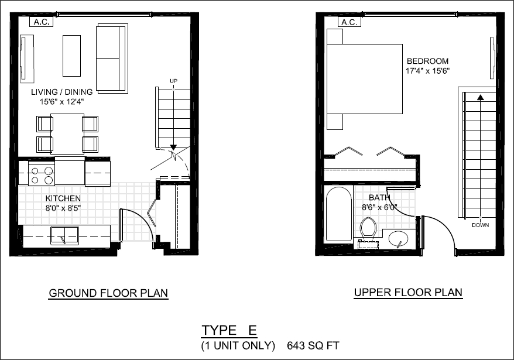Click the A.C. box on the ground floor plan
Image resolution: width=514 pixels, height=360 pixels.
click(42, 22)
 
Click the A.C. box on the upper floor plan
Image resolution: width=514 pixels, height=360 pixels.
click(349, 22)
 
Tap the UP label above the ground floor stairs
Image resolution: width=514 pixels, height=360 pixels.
click(173, 81)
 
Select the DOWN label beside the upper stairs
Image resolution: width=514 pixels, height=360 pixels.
click(480, 225)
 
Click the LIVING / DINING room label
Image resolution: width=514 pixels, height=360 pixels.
click(62, 92)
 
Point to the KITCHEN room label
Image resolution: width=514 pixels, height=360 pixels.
click(63, 198)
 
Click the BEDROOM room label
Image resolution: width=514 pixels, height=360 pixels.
click(427, 61)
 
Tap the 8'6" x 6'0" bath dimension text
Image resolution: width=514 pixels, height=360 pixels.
click(379, 208)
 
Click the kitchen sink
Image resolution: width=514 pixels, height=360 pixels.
click(64, 235)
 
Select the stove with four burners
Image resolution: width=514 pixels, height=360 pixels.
click(42, 173)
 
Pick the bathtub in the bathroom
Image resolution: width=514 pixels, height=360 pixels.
click(339, 214)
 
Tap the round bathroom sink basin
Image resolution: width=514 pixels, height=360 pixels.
click(398, 239)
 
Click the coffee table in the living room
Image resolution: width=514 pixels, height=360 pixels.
click(72, 56)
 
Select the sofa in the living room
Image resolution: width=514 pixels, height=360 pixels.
click(112, 59)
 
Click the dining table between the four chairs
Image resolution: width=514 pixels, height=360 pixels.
click(67, 134)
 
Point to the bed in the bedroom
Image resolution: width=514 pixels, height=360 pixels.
click(365, 79)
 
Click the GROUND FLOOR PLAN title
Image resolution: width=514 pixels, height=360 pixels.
click(108, 293)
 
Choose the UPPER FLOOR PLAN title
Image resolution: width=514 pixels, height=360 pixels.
click(408, 293)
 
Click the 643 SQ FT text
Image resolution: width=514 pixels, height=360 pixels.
click(313, 345)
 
